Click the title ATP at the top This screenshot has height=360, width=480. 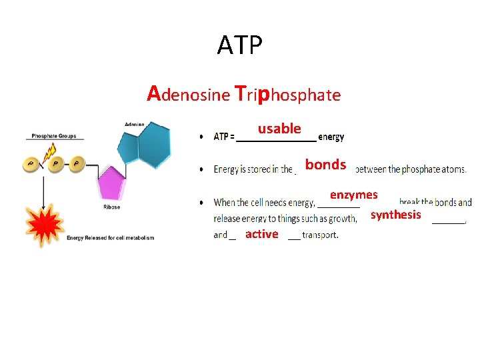[240, 45]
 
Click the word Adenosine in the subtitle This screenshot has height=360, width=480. [188, 94]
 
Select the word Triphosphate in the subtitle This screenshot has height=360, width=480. [288, 94]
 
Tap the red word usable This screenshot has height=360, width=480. [279, 128]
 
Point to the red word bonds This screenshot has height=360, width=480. [325, 164]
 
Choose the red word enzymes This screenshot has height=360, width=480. [353, 195]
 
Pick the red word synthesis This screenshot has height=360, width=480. [395, 214]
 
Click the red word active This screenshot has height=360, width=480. [261, 233]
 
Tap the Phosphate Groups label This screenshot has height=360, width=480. [54, 136]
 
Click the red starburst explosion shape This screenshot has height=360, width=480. [42, 225]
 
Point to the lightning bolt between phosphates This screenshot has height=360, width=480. [49, 155]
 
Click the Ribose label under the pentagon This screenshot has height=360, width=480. [111, 207]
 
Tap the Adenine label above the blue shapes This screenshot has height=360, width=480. [134, 125]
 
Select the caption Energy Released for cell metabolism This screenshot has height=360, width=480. [110, 238]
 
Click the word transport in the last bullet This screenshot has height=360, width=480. [319, 235]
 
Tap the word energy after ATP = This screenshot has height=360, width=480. [331, 137]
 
